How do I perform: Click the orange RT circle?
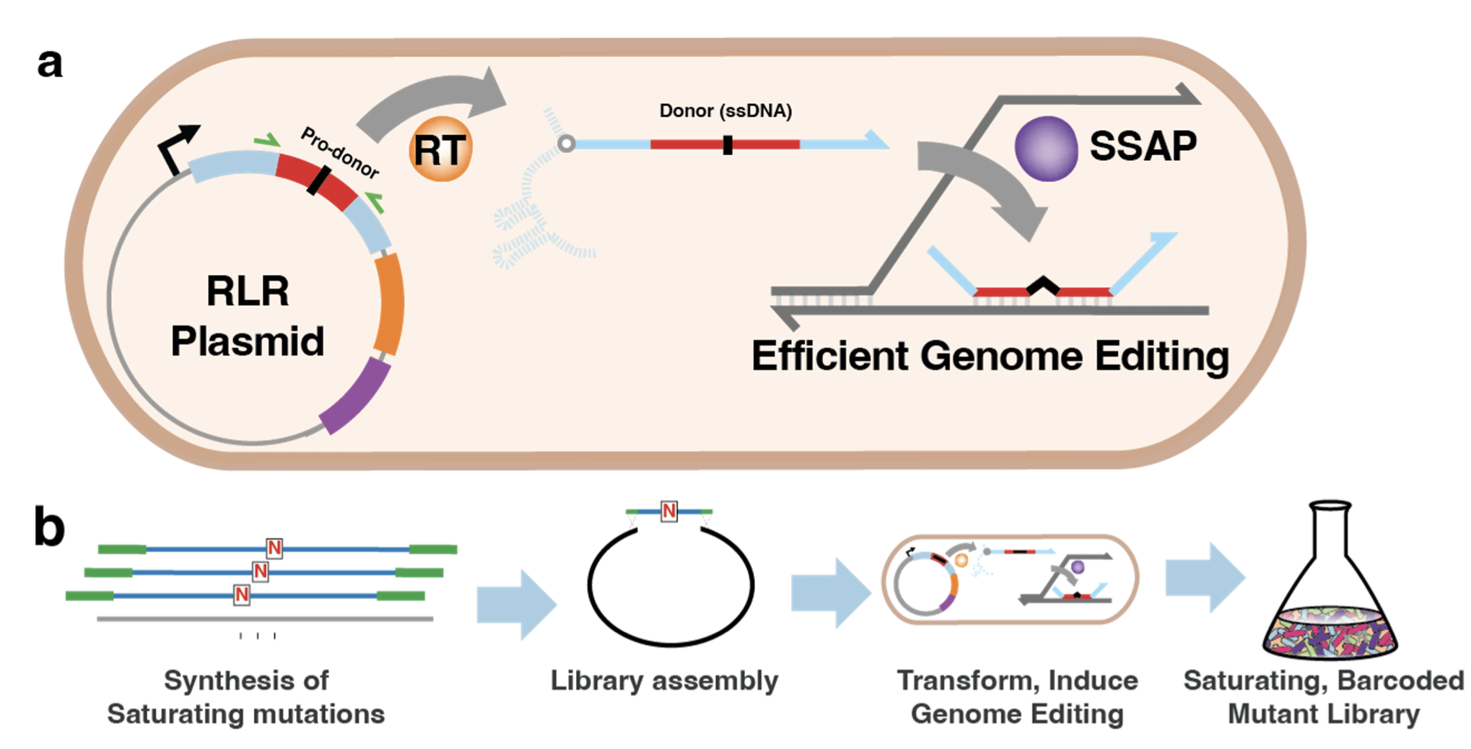pos(440,149)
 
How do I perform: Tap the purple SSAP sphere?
pos(1046,149)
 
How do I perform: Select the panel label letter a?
pos(50,63)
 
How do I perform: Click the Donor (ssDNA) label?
pos(725,110)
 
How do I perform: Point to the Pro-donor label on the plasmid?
pos(340,153)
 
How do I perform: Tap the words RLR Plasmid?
pos(248,315)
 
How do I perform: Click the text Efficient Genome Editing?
pos(990,356)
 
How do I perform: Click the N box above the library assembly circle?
pos(669,512)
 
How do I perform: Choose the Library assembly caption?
pos(664,680)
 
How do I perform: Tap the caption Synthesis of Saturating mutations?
pos(246,697)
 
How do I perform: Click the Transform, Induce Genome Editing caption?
pos(1017,697)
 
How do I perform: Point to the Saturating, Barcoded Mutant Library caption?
pos(1324,697)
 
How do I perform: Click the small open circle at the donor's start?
pos(567,144)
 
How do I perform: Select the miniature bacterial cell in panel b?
pos(1010,579)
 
